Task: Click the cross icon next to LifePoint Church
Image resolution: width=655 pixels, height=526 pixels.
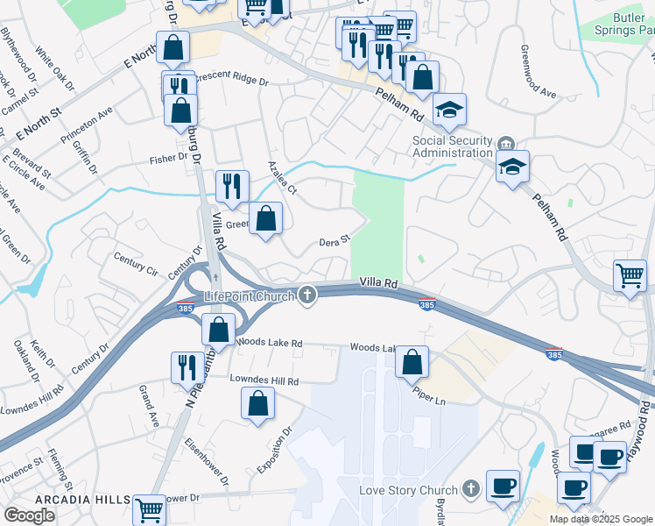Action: (306, 295)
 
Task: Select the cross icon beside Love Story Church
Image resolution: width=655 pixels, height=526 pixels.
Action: (471, 488)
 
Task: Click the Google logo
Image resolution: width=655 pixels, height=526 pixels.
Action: (29, 515)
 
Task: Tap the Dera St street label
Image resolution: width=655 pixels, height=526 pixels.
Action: (335, 239)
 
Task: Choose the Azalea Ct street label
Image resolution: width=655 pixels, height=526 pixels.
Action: (284, 178)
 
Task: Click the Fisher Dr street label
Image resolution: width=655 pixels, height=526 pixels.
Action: (169, 159)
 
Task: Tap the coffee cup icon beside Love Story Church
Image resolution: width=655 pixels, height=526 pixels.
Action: (502, 485)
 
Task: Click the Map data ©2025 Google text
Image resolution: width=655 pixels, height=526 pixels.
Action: (600, 519)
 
